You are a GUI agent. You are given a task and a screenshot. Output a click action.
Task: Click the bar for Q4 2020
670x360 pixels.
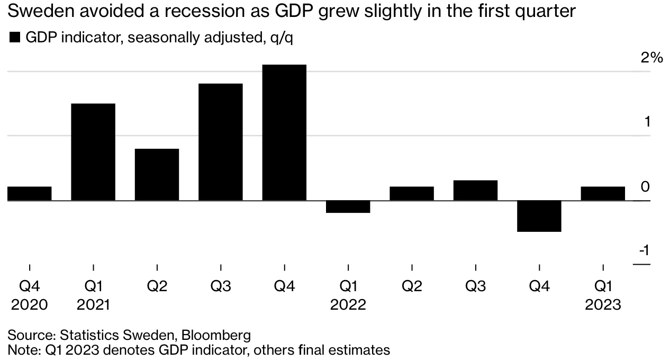30,194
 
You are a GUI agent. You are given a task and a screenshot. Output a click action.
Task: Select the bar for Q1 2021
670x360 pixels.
93,152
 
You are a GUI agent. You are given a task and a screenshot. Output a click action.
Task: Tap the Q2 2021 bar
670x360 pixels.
157,175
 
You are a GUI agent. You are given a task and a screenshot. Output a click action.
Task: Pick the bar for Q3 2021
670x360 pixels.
221,142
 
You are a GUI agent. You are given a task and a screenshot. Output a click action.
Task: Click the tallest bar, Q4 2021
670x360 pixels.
284,132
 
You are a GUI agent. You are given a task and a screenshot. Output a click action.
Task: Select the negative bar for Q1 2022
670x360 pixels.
348,206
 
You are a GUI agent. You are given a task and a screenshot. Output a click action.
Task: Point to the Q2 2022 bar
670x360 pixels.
412,194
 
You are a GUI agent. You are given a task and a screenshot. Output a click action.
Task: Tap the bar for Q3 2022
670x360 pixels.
475,191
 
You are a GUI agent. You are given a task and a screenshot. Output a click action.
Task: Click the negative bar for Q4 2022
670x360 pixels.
539,216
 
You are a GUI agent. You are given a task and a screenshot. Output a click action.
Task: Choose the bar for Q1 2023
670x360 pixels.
603,194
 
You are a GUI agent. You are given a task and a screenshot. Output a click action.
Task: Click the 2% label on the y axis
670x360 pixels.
651,58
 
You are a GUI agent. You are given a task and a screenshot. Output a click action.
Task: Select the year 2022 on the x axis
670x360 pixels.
348,304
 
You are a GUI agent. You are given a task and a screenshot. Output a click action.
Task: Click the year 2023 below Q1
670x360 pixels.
603,304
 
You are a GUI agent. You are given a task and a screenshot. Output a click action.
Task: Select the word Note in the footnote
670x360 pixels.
21,349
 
